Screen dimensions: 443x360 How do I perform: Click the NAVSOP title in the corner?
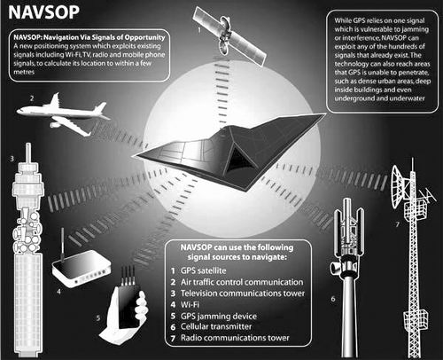(43, 12)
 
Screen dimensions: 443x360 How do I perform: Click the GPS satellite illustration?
(229, 35)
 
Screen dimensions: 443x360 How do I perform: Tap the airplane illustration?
(64, 114)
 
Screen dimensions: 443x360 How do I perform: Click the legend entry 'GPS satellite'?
(204, 270)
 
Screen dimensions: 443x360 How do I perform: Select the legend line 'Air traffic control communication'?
(242, 282)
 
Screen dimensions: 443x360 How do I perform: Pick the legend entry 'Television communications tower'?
(243, 293)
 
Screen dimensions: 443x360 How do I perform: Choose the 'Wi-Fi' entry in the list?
(190, 304)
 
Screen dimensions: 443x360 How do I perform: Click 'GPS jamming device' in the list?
(219, 316)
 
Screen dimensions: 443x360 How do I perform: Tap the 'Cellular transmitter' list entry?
(216, 326)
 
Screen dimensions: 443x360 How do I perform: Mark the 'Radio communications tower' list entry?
(235, 338)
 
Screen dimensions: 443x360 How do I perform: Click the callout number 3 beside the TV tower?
(12, 159)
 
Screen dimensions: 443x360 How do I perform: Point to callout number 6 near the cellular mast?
(333, 299)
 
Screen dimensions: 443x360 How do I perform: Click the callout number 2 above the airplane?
(32, 98)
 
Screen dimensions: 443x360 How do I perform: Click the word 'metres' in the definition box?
(24, 72)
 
